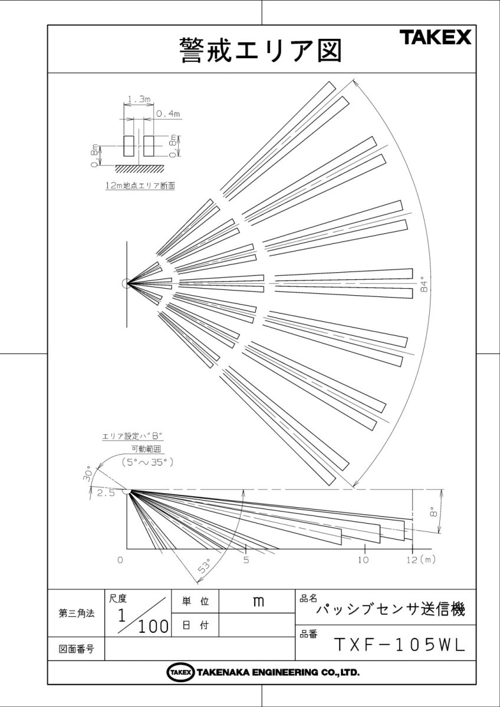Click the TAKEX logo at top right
pyautogui.click(x=436, y=38)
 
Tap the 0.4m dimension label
pyautogui.click(x=167, y=114)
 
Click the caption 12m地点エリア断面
pyautogui.click(x=140, y=185)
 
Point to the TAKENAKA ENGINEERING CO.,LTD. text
pyautogui.click(x=277, y=672)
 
